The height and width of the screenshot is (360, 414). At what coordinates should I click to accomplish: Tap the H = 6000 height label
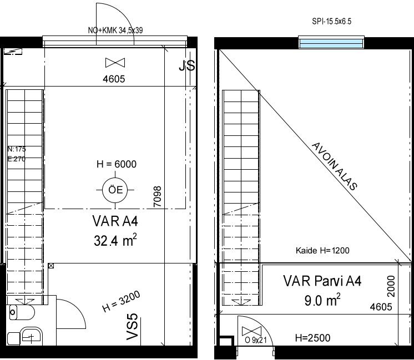pyautogui.click(x=117, y=164)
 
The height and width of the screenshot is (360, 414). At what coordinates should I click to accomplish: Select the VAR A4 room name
pyautogui.click(x=115, y=221)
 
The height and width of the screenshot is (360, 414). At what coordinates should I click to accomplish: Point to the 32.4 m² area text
pyautogui.click(x=115, y=240)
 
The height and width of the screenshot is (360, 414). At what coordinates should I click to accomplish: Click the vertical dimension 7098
pyautogui.click(x=157, y=196)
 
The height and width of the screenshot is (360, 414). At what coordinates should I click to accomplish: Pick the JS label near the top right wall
pyautogui.click(x=187, y=65)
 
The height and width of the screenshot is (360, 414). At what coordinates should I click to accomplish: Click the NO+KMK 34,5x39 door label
pyautogui.click(x=115, y=31)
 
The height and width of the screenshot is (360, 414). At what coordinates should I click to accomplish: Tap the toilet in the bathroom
pyautogui.click(x=22, y=312)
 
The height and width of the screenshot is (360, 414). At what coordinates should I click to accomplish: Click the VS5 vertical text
pyautogui.click(x=133, y=327)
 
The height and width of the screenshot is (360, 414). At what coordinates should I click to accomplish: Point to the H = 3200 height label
pyautogui.click(x=121, y=301)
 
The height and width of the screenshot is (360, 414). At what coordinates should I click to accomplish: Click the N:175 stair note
pyautogui.click(x=17, y=149)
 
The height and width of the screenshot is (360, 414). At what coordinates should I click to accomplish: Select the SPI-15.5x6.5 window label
pyautogui.click(x=332, y=22)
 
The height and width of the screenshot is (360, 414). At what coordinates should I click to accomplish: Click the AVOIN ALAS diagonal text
pyautogui.click(x=335, y=166)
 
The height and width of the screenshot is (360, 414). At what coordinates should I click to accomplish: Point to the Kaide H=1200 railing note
pyautogui.click(x=322, y=250)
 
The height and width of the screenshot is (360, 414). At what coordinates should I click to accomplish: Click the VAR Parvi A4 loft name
pyautogui.click(x=322, y=281)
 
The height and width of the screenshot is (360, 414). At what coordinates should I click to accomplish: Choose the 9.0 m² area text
pyautogui.click(x=322, y=300)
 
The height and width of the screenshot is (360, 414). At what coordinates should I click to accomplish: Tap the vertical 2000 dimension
pyautogui.click(x=391, y=286)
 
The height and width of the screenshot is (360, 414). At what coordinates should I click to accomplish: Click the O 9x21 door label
pyautogui.click(x=256, y=340)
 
